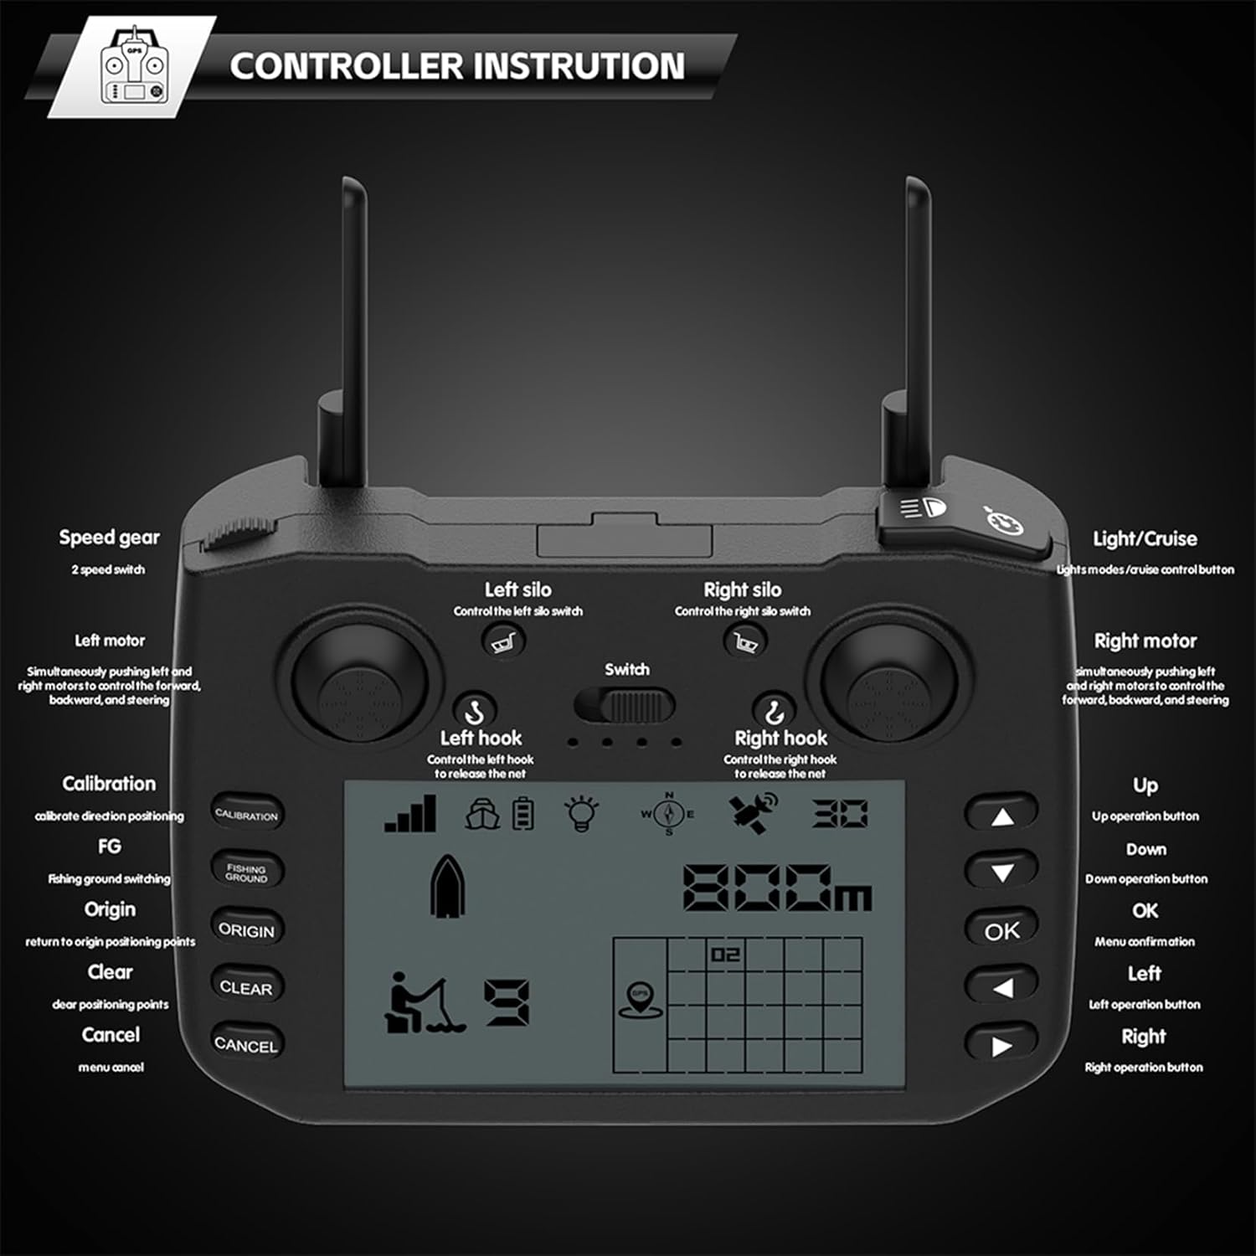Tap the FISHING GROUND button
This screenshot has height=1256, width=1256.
pos(246,872)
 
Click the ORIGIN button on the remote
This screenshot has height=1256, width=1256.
pos(246,929)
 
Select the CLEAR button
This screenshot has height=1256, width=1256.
pos(246,986)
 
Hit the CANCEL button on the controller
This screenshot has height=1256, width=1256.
pos(246,1044)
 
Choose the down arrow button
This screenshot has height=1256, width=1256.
pos(1001,872)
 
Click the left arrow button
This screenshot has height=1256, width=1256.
pos(1001,986)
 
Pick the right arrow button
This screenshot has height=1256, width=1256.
pos(1001,1044)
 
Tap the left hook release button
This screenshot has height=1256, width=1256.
pos(475,710)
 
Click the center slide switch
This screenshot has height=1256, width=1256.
pos(625,706)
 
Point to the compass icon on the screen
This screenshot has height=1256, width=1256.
pos(668,813)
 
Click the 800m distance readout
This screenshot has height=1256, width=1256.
pos(778,888)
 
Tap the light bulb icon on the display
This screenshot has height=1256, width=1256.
pos(582,813)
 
